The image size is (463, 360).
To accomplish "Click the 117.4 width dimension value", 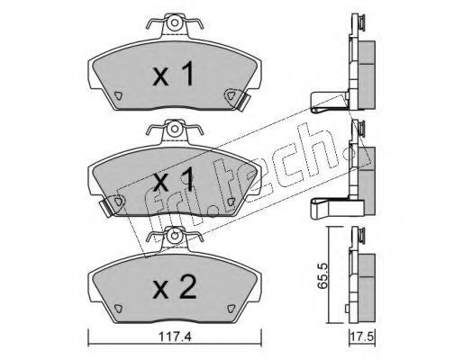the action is (x=176, y=337).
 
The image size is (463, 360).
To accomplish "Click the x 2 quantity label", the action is (x=174, y=287).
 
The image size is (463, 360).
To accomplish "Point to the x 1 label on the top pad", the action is (x=174, y=75).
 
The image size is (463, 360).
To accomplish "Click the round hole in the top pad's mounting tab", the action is (x=175, y=22).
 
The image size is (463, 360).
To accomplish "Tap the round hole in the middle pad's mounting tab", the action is (x=175, y=130).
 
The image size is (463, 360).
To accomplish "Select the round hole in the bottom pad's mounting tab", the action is (x=175, y=236).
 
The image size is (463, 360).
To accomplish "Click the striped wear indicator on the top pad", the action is (x=243, y=102).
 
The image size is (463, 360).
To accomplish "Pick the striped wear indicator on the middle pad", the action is (x=105, y=208).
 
